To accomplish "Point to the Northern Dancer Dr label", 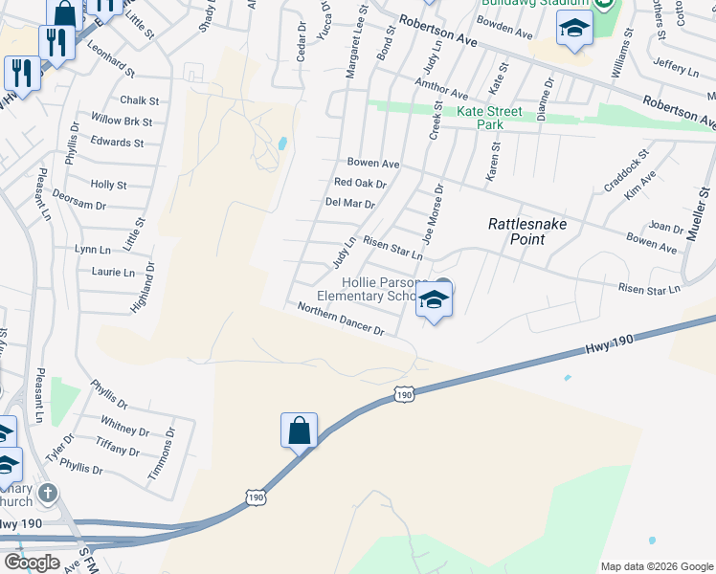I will pos(340,320).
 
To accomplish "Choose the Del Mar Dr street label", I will pos(349,203).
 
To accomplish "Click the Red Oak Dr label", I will pos(360,183).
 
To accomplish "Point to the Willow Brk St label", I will pos(122,121).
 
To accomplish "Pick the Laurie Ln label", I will pos(113,273).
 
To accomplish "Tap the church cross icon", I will pos(48,493).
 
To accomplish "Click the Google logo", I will pos(32,563).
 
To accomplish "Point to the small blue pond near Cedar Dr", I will pos(281,143).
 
